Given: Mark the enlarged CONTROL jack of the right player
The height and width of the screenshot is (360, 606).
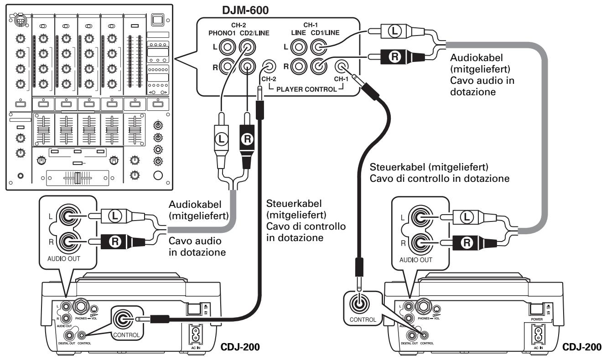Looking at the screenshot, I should point(360,304).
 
